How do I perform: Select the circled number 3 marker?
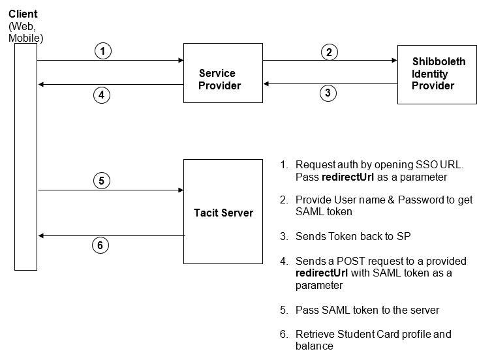pyautogui.click(x=328, y=93)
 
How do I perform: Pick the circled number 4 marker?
pyautogui.click(x=100, y=95)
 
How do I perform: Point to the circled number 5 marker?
pyautogui.click(x=100, y=181)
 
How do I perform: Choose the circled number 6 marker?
pyautogui.click(x=99, y=245)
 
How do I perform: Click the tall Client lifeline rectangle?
pyautogui.click(x=26, y=157)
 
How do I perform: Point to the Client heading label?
pyautogui.click(x=23, y=14)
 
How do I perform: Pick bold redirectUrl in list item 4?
pyautogui.click(x=322, y=273)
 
